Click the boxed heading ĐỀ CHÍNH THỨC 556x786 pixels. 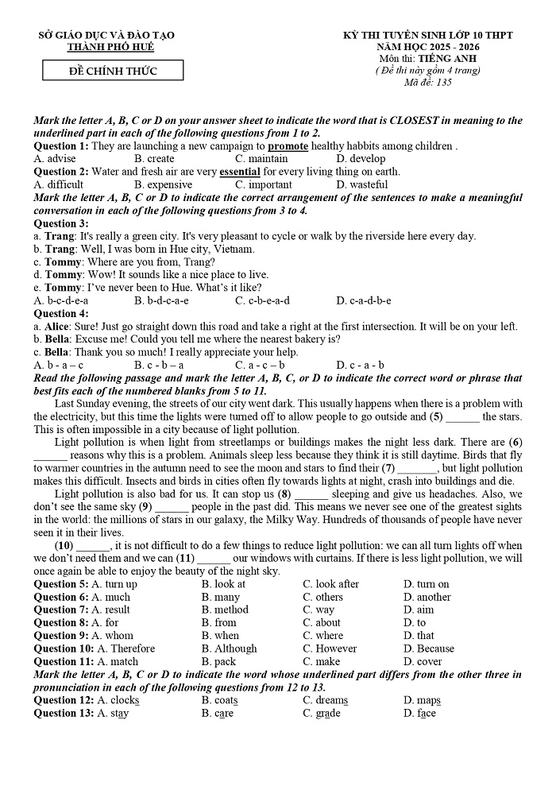112,72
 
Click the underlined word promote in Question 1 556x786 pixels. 288,146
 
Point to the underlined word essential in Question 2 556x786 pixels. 239,172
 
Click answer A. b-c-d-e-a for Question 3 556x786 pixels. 60,300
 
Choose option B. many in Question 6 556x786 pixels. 220,597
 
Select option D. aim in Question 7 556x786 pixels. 419,610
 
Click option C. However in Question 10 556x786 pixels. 330,649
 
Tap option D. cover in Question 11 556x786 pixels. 423,661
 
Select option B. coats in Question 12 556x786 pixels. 219,700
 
